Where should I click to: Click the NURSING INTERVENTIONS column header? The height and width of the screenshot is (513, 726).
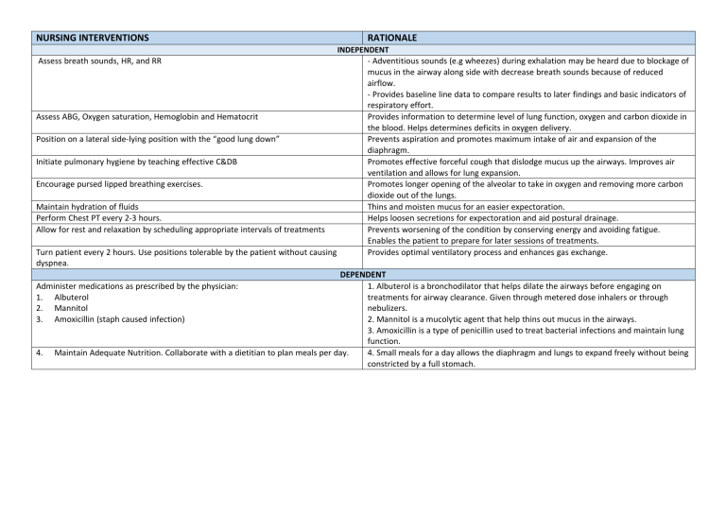[92, 38]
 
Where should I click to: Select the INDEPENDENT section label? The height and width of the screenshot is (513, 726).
[363, 49]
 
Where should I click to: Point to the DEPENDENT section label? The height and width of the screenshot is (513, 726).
[363, 272]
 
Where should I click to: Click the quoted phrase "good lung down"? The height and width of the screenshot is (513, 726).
[243, 139]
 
